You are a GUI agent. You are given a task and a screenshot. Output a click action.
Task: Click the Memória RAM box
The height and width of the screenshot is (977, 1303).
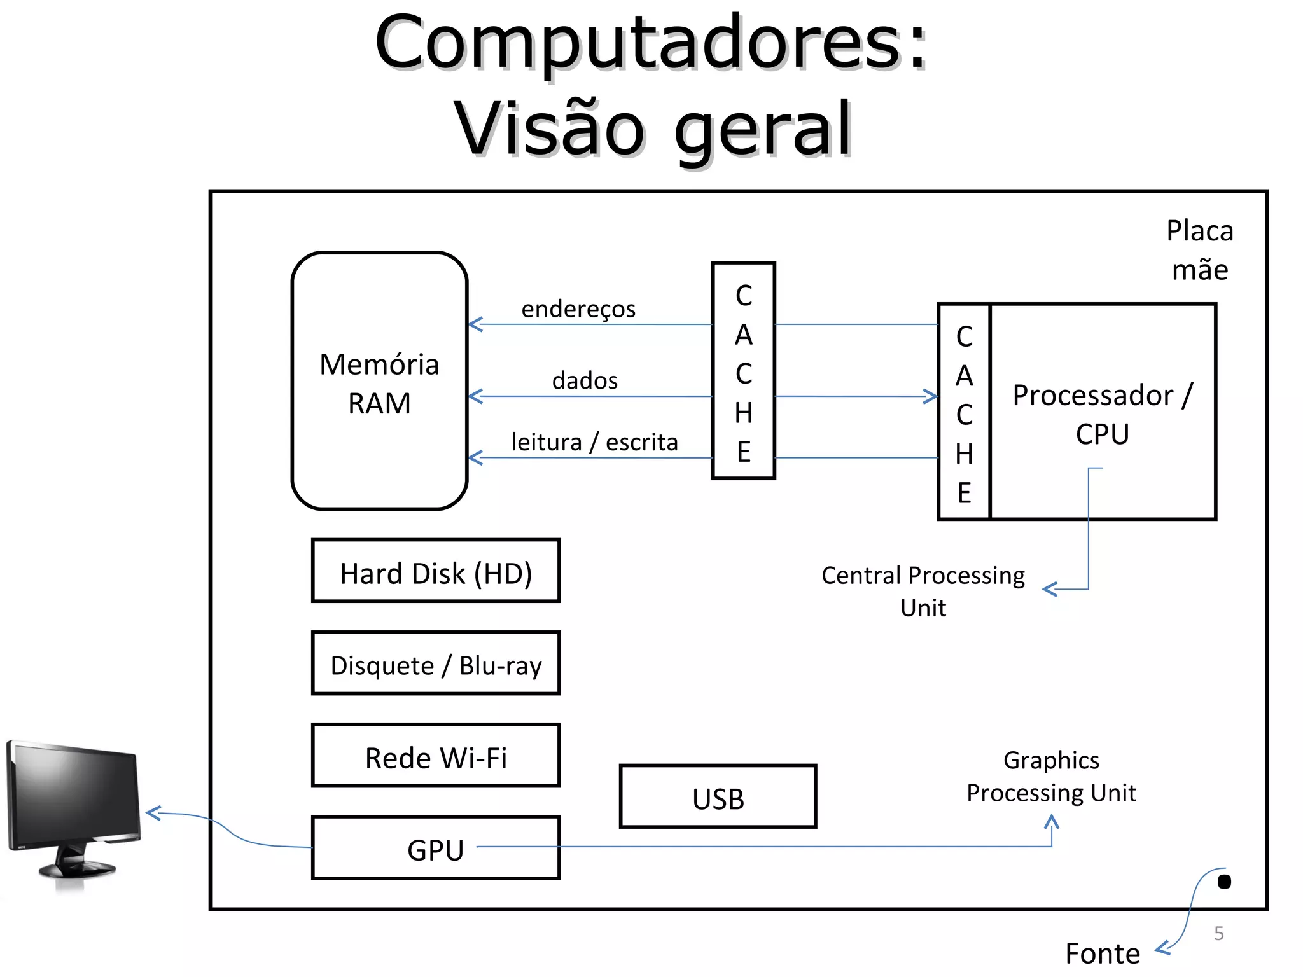379,382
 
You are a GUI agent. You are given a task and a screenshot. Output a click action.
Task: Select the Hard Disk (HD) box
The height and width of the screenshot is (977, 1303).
436,571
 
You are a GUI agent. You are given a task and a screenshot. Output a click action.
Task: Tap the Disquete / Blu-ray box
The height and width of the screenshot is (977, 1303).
436,663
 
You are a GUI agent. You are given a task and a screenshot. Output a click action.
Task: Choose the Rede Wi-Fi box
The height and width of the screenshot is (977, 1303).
436,756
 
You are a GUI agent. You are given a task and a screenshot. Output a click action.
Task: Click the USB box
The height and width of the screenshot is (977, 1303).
718,797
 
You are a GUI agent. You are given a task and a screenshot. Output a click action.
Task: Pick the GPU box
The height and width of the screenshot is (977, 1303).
436,849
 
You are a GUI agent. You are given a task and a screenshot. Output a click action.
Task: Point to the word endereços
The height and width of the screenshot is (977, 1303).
578,309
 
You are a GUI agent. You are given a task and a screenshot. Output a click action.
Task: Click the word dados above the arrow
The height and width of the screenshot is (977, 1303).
585,380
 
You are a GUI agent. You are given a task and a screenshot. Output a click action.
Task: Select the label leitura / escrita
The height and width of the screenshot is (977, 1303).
594,442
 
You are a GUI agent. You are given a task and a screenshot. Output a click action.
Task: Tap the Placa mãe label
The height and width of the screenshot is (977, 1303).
1199,250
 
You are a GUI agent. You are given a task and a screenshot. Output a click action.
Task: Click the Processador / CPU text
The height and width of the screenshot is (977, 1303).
1103,413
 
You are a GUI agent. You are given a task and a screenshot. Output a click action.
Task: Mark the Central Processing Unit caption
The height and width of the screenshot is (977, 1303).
923,591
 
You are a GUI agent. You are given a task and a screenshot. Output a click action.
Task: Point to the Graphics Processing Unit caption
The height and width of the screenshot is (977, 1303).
1051,776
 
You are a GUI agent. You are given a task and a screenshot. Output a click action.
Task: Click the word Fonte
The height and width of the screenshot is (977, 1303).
1102,953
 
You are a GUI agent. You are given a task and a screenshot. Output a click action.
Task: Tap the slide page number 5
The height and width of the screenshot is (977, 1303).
1218,933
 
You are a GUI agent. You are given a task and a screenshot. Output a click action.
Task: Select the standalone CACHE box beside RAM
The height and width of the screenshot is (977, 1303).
743,371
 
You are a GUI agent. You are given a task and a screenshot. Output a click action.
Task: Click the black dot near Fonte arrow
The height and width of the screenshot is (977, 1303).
1223,882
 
